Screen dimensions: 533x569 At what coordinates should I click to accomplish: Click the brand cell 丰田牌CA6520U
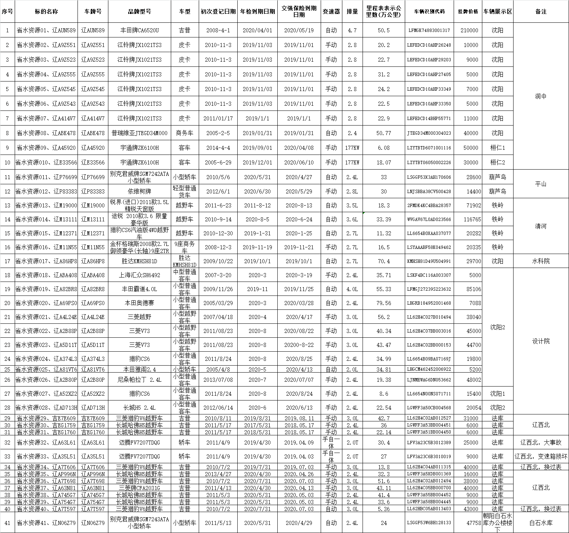click(140, 30)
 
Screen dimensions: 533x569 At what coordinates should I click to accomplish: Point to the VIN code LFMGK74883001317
click(429, 30)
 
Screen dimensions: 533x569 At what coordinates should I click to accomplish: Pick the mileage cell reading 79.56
click(383, 303)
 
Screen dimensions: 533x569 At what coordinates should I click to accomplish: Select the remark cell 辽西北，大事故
click(541, 443)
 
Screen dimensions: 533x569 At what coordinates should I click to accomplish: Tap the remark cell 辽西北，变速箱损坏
click(541, 457)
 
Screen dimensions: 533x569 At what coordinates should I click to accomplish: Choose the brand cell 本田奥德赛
click(140, 303)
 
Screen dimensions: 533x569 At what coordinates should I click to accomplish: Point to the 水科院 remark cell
click(541, 261)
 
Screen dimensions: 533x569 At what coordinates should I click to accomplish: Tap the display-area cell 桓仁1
click(498, 148)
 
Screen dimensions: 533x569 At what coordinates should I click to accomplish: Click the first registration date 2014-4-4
click(218, 148)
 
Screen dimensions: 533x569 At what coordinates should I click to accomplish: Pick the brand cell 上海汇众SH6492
click(140, 275)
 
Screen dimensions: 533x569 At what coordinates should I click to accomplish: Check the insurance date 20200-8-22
click(299, 345)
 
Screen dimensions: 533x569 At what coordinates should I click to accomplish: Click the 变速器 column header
click(331, 11)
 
